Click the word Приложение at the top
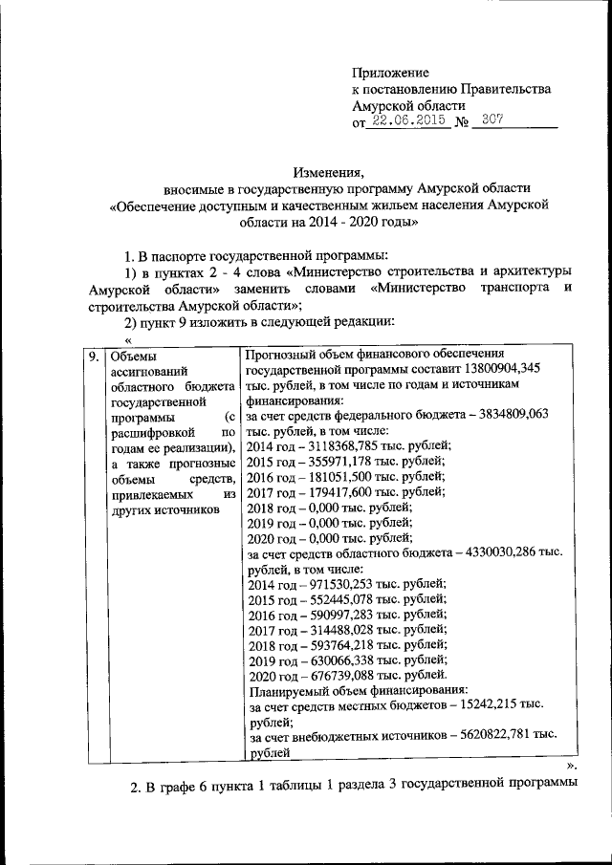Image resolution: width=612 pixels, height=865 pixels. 391,73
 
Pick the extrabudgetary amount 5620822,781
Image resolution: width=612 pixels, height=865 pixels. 490,737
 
